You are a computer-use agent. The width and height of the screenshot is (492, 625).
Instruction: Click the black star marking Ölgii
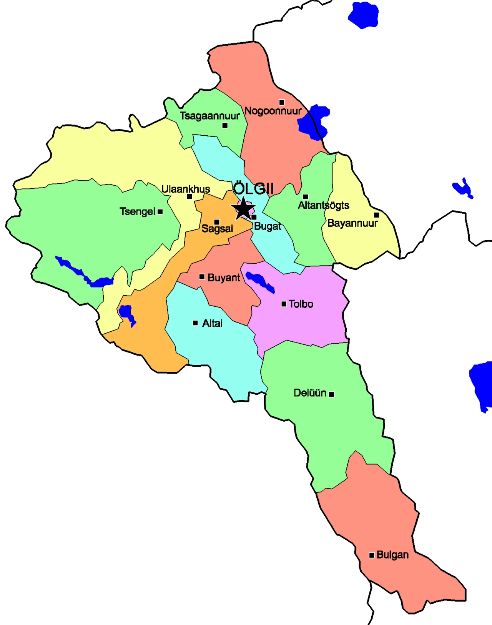click(x=243, y=209)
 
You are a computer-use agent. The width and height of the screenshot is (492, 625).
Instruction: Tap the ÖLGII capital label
click(x=254, y=189)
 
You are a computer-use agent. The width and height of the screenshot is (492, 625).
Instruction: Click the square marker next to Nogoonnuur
click(x=282, y=102)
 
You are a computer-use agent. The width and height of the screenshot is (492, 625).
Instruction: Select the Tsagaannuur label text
click(x=209, y=116)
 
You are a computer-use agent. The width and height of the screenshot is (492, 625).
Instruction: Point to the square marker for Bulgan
click(x=372, y=555)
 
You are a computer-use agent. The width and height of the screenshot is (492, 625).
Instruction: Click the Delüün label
click(x=310, y=393)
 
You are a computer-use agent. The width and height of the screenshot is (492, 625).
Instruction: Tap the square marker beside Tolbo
click(x=284, y=304)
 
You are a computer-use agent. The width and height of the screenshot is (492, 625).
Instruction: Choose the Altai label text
click(x=212, y=323)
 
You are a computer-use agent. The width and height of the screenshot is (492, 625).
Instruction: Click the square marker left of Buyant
click(x=202, y=277)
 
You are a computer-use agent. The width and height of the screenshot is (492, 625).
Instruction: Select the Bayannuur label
click(x=352, y=223)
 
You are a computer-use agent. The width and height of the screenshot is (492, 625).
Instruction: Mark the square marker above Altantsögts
click(x=306, y=197)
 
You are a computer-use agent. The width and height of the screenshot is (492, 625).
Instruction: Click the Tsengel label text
click(x=137, y=211)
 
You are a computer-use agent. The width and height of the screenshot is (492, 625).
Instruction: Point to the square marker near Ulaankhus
click(x=189, y=196)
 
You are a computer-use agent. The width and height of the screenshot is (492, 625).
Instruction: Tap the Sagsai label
click(x=217, y=229)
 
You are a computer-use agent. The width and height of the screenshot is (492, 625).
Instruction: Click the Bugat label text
click(x=268, y=226)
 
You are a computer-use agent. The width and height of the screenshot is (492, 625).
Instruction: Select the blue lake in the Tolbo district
click(x=259, y=281)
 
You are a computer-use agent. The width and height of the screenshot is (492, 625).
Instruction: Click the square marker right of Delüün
click(x=332, y=394)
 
